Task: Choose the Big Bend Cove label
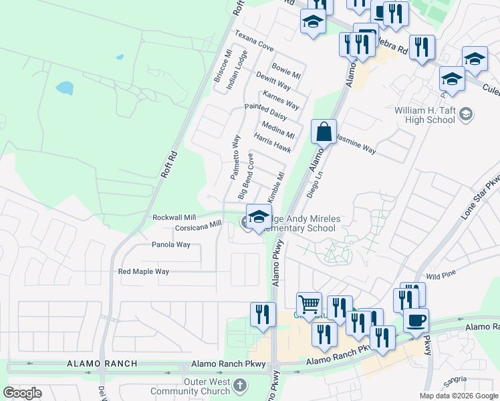coord(246,176)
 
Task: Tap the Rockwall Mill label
coord(174,218)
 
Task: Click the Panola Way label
coord(170,245)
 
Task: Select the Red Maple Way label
coord(144,271)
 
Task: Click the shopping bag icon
coord(324,132)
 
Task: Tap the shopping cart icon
coord(309,304)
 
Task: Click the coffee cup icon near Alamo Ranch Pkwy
coord(416,319)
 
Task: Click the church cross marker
coord(240,386)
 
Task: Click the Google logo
coord(22,393)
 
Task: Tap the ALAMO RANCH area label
coord(102,364)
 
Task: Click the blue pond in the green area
coord(65,88)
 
